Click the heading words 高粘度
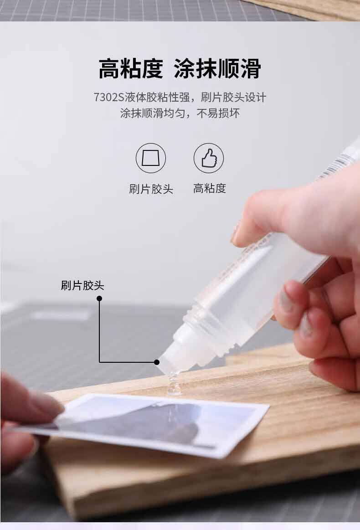click(130, 69)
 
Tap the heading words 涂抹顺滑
click(217, 69)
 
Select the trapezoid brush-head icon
click(151, 158)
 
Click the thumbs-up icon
click(209, 158)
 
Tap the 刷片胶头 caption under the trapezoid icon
click(151, 189)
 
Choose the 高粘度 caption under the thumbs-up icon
click(209, 188)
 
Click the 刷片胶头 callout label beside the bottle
click(82, 286)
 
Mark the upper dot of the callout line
click(99, 298)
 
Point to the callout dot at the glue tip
click(156, 362)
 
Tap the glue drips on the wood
click(174, 384)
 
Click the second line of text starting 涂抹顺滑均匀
click(180, 113)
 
